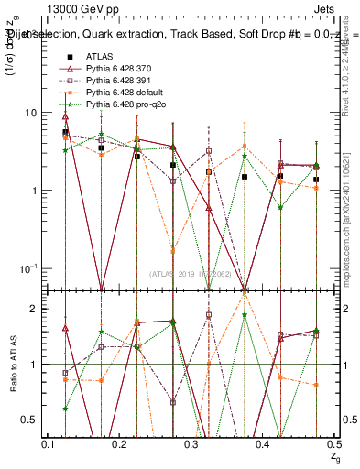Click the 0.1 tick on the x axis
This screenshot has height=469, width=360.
coord(50,443)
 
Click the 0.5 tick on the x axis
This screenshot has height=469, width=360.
coord(335,443)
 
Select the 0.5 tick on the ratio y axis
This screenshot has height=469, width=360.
coord(33,420)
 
